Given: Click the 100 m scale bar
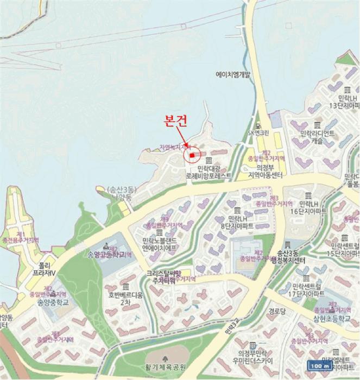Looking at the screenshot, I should tap(320, 365).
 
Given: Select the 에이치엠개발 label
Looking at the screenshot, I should tap(234, 75).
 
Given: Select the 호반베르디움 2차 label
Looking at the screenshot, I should tap(126, 299).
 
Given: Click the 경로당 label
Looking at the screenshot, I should tap(276, 312).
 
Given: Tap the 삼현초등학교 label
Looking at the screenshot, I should tap(332, 318).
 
